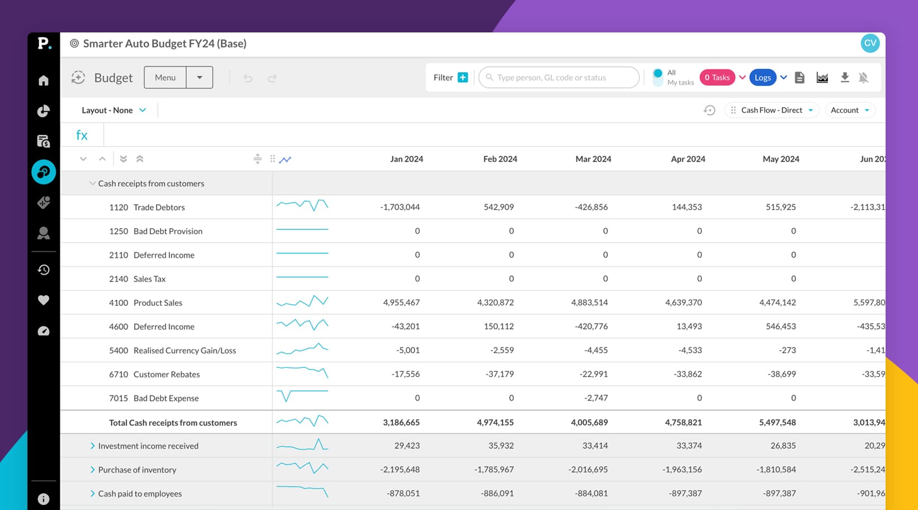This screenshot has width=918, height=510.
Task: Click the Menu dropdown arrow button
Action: (199, 78)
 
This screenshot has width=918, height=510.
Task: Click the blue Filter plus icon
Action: (463, 78)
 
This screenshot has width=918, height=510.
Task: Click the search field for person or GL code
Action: (559, 78)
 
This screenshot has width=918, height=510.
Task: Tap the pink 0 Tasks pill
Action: (717, 78)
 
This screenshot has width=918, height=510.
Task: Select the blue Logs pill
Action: (763, 78)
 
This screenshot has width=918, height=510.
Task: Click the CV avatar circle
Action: (870, 43)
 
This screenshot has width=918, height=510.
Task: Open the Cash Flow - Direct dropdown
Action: (772, 110)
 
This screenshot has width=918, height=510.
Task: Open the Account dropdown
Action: (850, 110)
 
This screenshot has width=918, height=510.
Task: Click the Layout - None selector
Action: (113, 110)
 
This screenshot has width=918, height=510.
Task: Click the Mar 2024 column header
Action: (593, 159)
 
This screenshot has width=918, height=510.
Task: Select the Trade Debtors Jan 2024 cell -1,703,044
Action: (400, 207)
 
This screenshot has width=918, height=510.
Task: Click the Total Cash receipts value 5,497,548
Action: (777, 423)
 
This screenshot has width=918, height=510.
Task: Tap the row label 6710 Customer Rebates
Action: (154, 374)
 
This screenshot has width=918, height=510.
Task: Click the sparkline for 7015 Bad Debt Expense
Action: (302, 396)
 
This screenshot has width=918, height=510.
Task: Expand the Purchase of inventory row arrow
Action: (92, 470)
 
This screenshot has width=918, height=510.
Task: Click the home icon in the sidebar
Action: (44, 81)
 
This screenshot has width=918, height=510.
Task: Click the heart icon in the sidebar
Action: (44, 300)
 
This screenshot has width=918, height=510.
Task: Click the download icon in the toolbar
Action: (845, 78)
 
